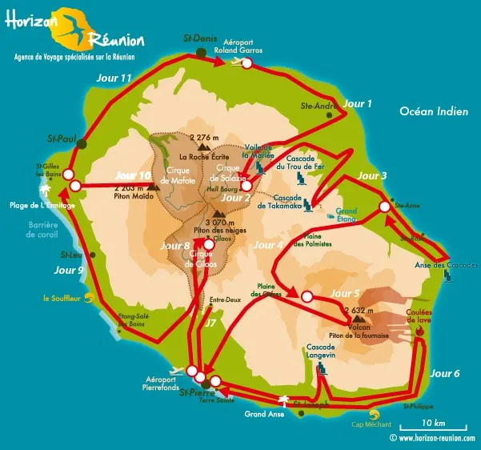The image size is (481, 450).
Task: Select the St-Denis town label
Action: click(x=200, y=39)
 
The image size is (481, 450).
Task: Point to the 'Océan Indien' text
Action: click(x=434, y=112)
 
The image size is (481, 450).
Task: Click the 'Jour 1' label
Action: click(x=357, y=103)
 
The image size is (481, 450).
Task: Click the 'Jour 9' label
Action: click(x=69, y=271)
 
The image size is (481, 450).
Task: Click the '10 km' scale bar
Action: click(x=435, y=423)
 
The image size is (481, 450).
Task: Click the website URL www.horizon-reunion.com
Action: click(x=432, y=439)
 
